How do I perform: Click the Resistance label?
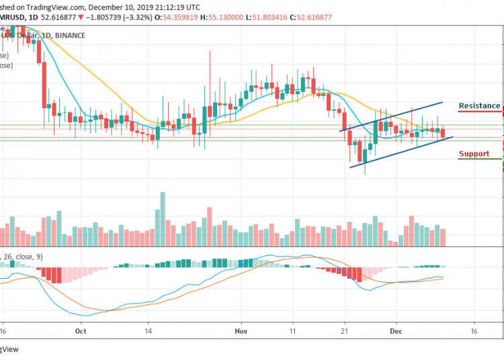(x=478, y=106)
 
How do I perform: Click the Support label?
(x=473, y=154)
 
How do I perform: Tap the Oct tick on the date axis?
(x=81, y=331)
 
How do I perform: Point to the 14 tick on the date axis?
(x=150, y=331)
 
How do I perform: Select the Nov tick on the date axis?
(x=242, y=331)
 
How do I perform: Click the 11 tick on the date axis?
(x=293, y=331)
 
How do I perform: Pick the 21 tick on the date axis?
(x=343, y=331)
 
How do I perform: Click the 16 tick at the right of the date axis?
(x=474, y=331)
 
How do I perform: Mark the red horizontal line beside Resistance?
(x=480, y=113)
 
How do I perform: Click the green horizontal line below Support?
(x=480, y=159)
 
